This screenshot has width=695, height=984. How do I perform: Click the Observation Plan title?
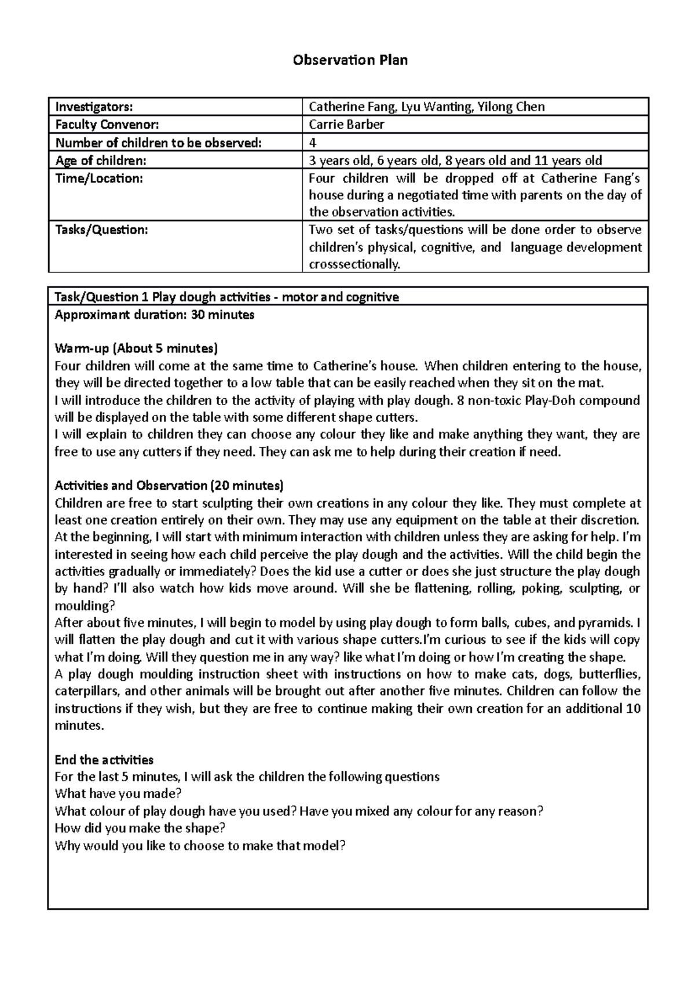coord(350,60)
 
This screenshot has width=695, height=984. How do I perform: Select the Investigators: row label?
coord(94,107)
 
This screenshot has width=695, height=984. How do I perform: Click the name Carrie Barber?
coord(346,125)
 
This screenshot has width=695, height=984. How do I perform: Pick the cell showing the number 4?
coord(313,143)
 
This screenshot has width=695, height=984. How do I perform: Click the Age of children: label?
coord(101,161)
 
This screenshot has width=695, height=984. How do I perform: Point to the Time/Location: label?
coord(98,178)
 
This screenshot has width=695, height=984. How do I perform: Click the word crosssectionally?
coord(354,265)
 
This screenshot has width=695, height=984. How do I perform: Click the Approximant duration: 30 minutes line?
coord(154,315)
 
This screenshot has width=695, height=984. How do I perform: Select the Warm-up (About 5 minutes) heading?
coord(136,349)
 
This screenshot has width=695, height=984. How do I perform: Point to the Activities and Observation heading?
coord(169,486)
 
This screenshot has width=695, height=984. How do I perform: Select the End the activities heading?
coord(104,760)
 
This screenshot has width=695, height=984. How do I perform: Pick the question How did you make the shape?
coord(140,828)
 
